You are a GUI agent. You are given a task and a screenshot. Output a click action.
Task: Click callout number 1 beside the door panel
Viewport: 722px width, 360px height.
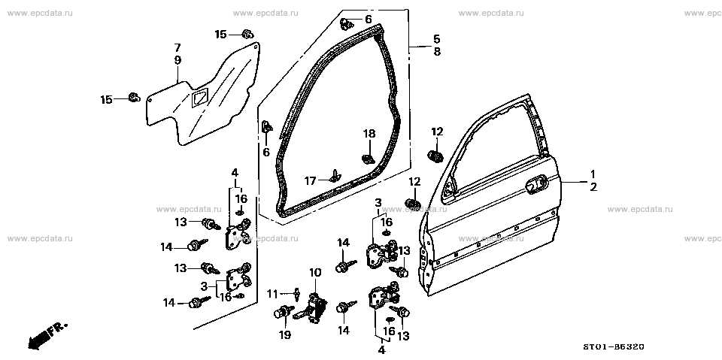pyautogui.click(x=592, y=174)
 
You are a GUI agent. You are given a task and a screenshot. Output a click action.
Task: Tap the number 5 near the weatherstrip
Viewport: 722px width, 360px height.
pyautogui.click(x=436, y=38)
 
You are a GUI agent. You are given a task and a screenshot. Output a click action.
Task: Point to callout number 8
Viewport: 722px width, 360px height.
pyautogui.click(x=436, y=52)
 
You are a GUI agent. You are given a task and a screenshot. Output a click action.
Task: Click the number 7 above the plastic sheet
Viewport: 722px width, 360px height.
pyautogui.click(x=177, y=47)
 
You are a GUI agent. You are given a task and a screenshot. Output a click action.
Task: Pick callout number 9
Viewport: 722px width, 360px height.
pyautogui.click(x=177, y=59)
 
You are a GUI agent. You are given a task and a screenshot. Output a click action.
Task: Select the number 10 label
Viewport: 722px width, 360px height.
pyautogui.click(x=314, y=271)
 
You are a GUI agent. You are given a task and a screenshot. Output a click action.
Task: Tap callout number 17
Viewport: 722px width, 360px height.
pyautogui.click(x=310, y=180)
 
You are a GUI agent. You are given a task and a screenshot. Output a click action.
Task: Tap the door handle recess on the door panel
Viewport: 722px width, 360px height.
pyautogui.click(x=534, y=182)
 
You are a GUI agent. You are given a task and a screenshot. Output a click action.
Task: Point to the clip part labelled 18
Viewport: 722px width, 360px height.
pyautogui.click(x=369, y=157)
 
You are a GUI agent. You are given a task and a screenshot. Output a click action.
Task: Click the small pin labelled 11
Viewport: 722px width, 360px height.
pyautogui.click(x=299, y=292)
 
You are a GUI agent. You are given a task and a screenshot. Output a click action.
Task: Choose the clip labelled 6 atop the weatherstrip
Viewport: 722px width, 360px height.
pyautogui.click(x=347, y=21)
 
